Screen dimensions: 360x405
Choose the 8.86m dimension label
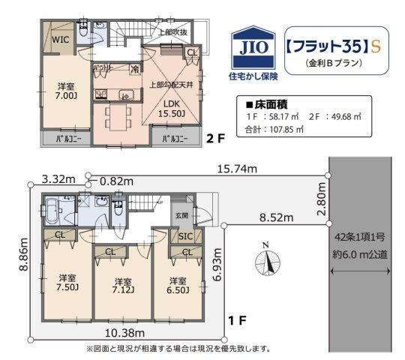click(23, 260)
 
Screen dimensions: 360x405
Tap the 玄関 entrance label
click(182, 215)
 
